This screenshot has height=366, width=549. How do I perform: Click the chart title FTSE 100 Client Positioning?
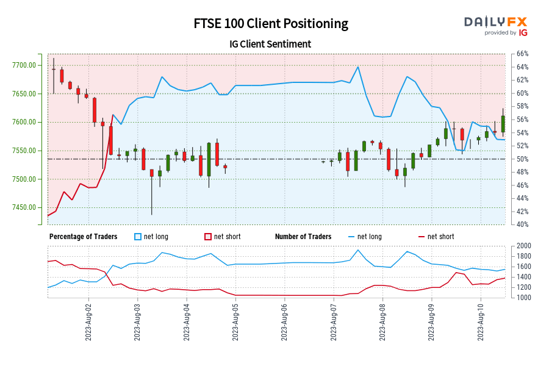point(271,24)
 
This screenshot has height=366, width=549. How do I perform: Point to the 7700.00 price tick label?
point(27,65)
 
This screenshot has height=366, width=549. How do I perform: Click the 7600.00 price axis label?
point(27,123)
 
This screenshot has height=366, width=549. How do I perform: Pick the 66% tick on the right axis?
point(523,54)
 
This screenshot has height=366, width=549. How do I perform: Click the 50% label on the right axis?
point(523,159)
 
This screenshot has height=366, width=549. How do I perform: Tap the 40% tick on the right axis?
point(523,224)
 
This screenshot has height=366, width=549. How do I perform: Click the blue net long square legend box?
point(137,237)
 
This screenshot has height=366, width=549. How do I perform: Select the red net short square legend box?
point(207,237)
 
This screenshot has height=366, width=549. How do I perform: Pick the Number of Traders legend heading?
point(303,237)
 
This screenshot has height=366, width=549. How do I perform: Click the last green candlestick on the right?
point(503,124)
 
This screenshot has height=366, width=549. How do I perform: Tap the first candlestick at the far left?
point(53,70)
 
